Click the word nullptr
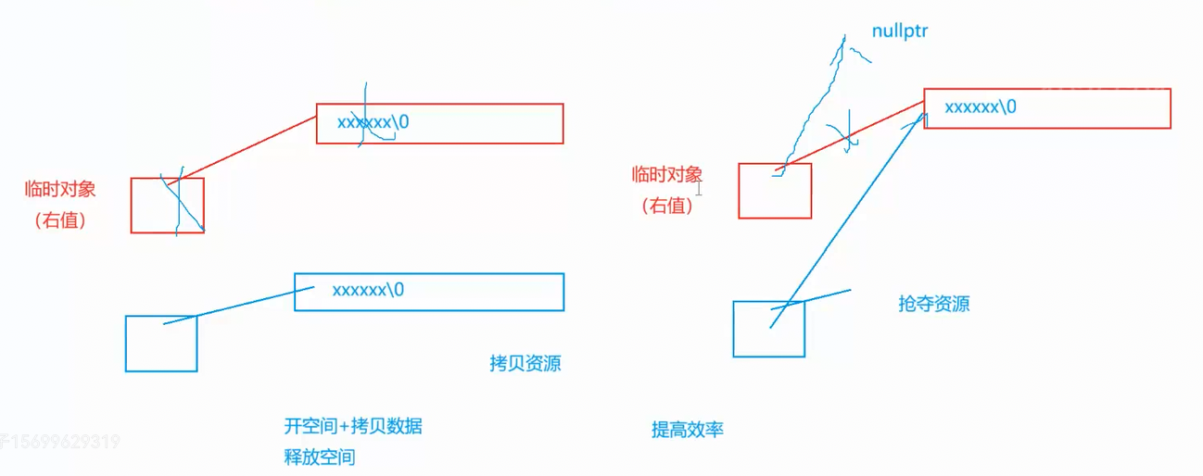tap(900, 31)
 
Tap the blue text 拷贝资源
tap(526, 363)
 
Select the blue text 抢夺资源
tap(934, 304)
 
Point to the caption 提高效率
tap(687, 429)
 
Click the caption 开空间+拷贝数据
tap(353, 426)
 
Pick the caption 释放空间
tap(320, 457)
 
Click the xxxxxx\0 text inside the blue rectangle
tap(368, 290)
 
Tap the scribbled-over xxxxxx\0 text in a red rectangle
tap(373, 122)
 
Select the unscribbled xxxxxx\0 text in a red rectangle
tap(981, 106)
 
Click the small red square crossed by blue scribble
tap(167, 205)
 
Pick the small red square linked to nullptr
tap(775, 191)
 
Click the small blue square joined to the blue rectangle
tap(161, 344)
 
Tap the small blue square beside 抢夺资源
tap(768, 329)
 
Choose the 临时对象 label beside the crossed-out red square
tap(60, 190)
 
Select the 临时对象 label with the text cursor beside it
tap(667, 174)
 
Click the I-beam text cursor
tap(700, 189)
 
